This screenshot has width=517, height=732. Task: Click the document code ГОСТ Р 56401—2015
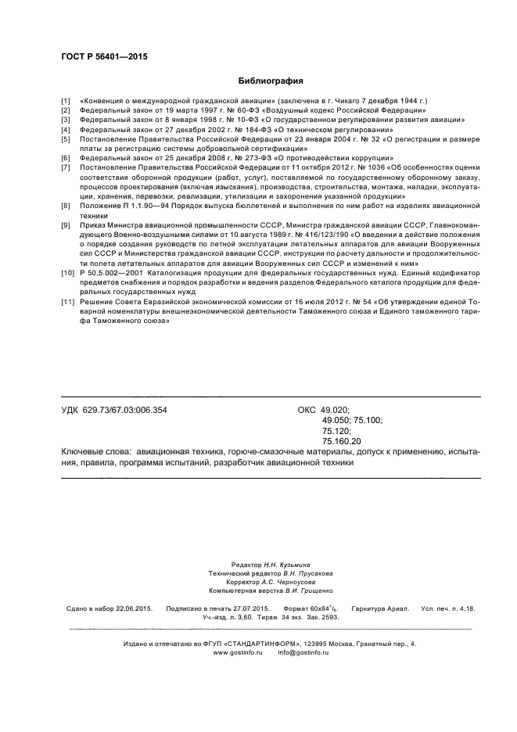(x=103, y=57)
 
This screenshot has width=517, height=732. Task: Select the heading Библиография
(x=270, y=81)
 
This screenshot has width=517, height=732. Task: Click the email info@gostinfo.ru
(x=297, y=652)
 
